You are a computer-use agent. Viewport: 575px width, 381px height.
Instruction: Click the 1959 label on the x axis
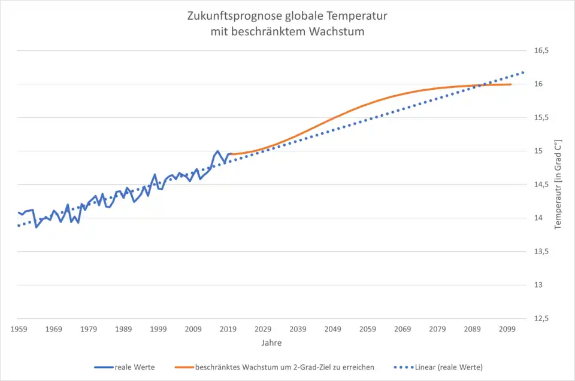point(19,329)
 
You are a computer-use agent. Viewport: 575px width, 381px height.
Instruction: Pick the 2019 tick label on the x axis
point(228,329)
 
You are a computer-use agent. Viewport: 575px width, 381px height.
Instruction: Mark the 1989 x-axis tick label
point(123,329)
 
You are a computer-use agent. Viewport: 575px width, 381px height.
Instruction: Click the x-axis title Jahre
point(271,343)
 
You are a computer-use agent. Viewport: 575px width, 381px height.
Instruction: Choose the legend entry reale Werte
point(134,367)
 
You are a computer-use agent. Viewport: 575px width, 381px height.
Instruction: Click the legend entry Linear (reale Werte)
point(448,367)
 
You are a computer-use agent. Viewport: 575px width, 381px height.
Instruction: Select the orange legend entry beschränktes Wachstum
point(284,367)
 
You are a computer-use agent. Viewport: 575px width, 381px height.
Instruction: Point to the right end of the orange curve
point(511,84)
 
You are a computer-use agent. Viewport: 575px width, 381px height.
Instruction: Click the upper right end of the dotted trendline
point(524,72)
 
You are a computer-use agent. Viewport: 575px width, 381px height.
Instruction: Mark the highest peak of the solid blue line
point(217,151)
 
